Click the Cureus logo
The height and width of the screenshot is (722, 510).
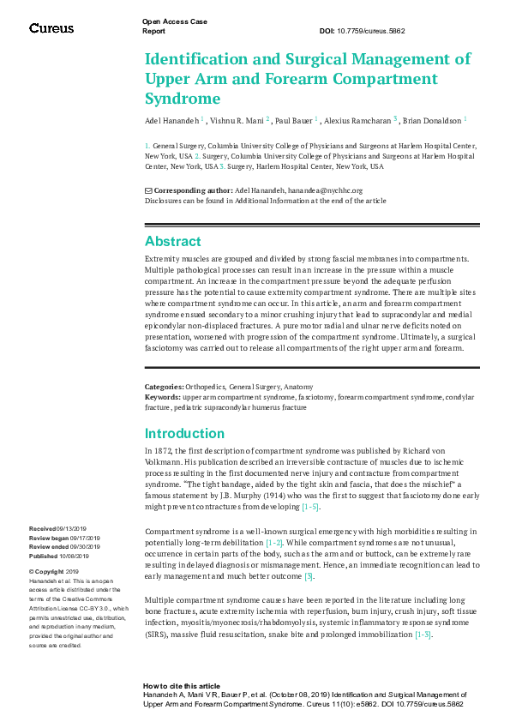51,28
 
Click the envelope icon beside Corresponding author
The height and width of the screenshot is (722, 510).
148,190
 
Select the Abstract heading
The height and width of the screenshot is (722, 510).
172,242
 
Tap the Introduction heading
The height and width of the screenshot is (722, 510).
184,433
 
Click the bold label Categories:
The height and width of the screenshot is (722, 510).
163,388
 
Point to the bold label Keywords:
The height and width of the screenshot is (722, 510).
162,397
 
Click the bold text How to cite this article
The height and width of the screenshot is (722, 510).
181,687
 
